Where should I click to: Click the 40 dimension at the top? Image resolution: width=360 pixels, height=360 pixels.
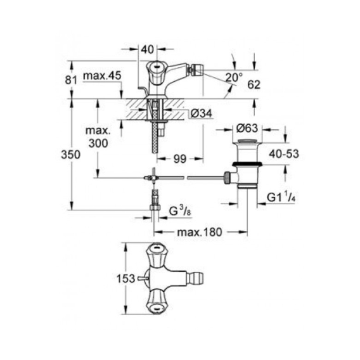point(147,49)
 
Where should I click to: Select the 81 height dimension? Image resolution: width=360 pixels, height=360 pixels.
point(71,80)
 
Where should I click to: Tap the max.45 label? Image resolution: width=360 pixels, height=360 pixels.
point(102,76)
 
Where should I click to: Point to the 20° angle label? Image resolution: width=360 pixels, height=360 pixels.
point(234,77)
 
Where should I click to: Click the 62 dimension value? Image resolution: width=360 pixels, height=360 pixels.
point(254,85)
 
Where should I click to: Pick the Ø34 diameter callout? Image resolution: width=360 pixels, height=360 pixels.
point(202,113)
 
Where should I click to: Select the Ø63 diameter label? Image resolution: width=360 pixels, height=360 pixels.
point(247,128)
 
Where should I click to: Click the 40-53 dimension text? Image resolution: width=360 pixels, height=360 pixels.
point(284,154)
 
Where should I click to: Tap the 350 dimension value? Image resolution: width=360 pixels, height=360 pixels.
point(71,155)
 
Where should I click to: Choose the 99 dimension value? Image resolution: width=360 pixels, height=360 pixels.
point(180,159)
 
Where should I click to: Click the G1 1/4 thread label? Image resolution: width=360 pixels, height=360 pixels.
point(281,196)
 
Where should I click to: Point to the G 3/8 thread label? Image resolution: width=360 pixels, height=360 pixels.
point(180,211)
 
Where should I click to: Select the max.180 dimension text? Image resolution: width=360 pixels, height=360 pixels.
point(200,232)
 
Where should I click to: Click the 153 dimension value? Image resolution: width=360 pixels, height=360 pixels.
point(126,279)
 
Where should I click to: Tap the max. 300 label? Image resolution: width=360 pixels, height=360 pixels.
point(98,137)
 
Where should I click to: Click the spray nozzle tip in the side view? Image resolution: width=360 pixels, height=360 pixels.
point(196,68)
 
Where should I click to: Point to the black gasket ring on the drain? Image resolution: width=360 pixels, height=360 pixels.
point(247,164)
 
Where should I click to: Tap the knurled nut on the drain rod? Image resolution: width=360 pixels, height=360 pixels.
point(227,177)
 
